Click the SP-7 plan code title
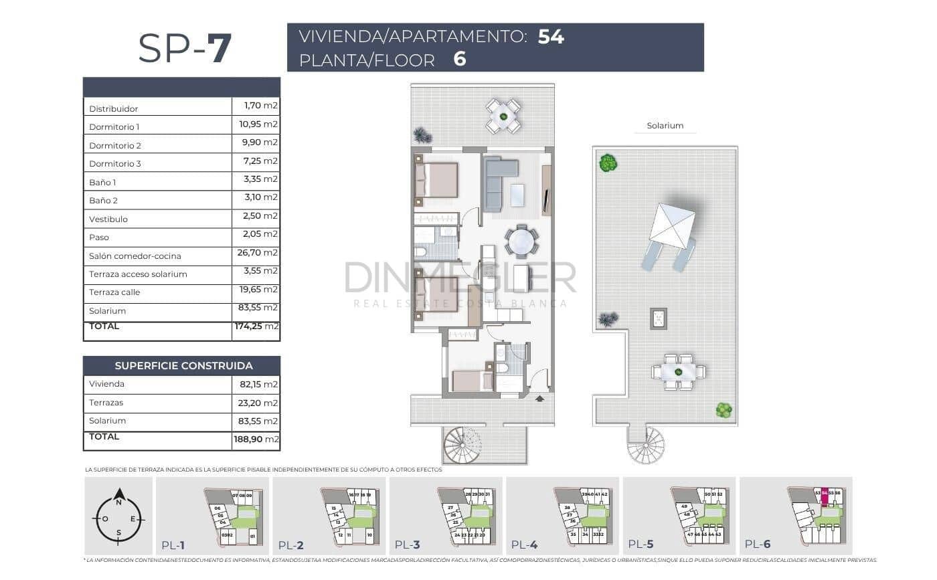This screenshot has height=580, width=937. (x=185, y=48)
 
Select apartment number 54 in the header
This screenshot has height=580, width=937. (x=551, y=37)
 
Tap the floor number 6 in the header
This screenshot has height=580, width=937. (x=459, y=60)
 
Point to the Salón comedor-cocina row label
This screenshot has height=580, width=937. (x=135, y=256)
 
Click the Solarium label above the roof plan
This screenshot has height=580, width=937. (x=665, y=126)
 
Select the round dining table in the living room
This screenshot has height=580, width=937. (x=521, y=241)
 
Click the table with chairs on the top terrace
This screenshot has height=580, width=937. (x=503, y=116)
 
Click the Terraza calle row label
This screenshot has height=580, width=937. (x=114, y=292)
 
